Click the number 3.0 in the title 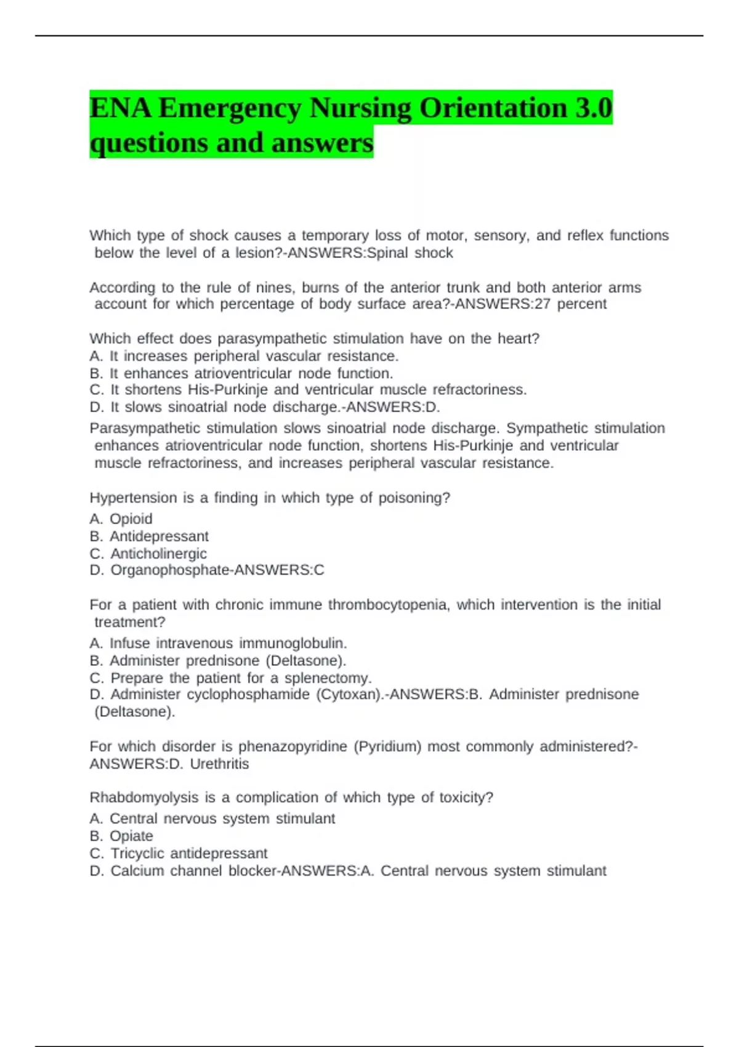point(594,108)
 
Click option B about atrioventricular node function point(241,373)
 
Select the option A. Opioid point(121,519)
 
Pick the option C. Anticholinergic point(148,554)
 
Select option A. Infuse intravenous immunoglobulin point(218,644)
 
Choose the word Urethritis point(219,764)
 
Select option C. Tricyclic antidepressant point(179,854)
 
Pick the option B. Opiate point(121,836)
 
